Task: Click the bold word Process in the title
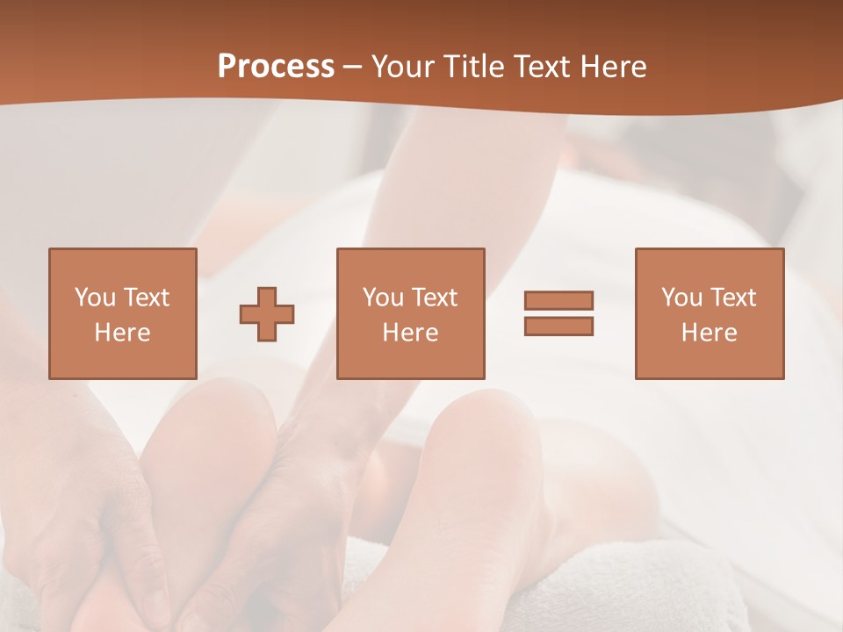pos(276,67)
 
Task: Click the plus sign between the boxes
pos(267,314)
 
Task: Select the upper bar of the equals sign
pos(558,300)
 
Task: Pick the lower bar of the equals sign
pos(558,327)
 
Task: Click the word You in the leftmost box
pos(95,297)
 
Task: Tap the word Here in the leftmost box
pos(122,333)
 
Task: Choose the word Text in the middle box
pos(435,297)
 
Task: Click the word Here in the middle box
pos(410,333)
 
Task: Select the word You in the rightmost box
pos(681,297)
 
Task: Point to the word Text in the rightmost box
pos(733,297)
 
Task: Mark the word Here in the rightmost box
pos(709,333)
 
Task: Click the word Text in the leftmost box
pos(146,297)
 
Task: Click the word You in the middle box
pos(383,297)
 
